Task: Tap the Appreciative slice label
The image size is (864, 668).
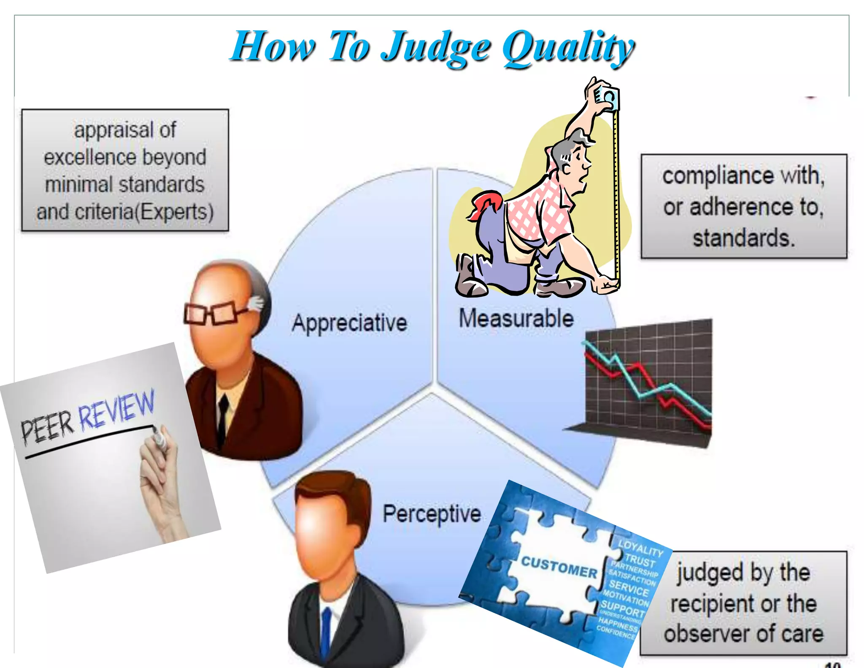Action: tap(349, 323)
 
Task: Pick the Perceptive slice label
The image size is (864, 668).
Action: tap(432, 514)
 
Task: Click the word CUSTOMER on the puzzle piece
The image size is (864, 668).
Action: tap(559, 567)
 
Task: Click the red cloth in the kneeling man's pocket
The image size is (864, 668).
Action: tap(485, 203)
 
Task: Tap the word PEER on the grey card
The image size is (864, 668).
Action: tap(47, 429)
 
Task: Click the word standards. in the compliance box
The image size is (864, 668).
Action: tap(744, 238)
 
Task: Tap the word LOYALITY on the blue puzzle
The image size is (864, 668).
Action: tap(641, 547)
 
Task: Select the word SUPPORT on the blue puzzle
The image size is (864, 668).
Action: tap(623, 608)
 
